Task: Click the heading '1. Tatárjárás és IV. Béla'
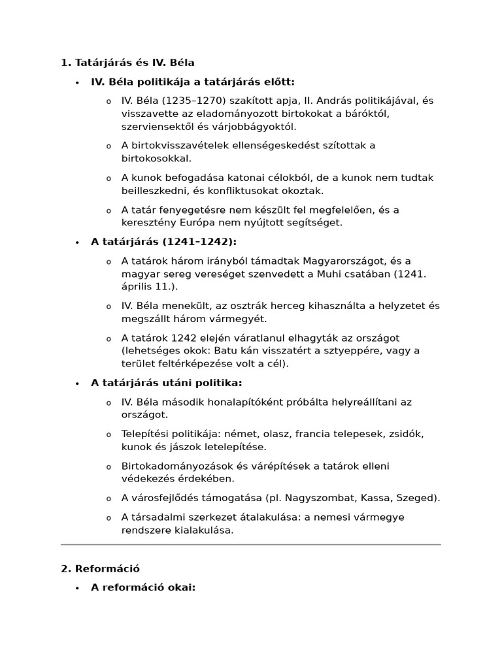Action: [127, 63]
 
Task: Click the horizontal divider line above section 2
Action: [250, 544]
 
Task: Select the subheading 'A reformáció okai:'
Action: [143, 587]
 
